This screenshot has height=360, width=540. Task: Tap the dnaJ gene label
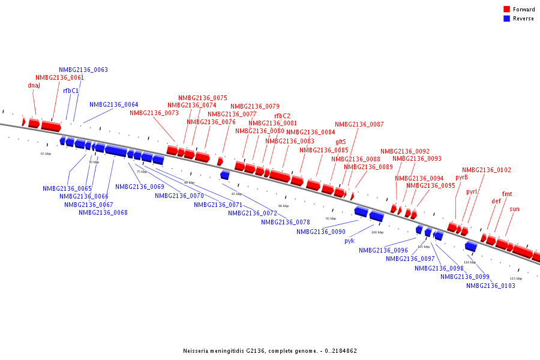34,85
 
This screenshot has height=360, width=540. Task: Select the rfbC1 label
71,91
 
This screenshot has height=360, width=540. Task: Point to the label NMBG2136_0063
83,70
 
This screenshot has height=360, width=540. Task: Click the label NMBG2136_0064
113,104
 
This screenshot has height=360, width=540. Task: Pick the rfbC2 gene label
282,116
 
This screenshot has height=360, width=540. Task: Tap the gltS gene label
340,142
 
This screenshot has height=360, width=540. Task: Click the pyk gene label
349,241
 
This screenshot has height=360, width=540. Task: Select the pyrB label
461,177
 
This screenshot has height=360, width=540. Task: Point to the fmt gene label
507,194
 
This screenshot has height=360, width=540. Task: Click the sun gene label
514,209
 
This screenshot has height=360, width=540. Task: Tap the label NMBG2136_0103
490,286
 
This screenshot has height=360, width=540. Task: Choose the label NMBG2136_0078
285,222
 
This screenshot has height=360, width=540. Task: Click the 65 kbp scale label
46,154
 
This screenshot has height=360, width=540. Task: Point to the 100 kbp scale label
377,232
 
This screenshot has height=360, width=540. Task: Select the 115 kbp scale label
515,278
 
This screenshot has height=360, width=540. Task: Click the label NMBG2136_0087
359,124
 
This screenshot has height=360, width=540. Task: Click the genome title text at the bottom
270,350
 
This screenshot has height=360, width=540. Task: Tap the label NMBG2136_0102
486,170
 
